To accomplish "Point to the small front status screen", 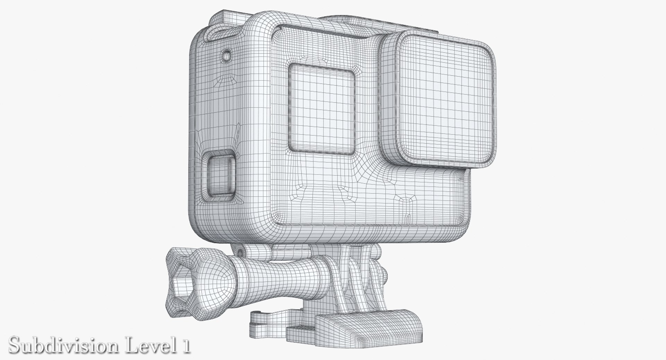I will tap(322, 108).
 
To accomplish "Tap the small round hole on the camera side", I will tap(227, 55).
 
